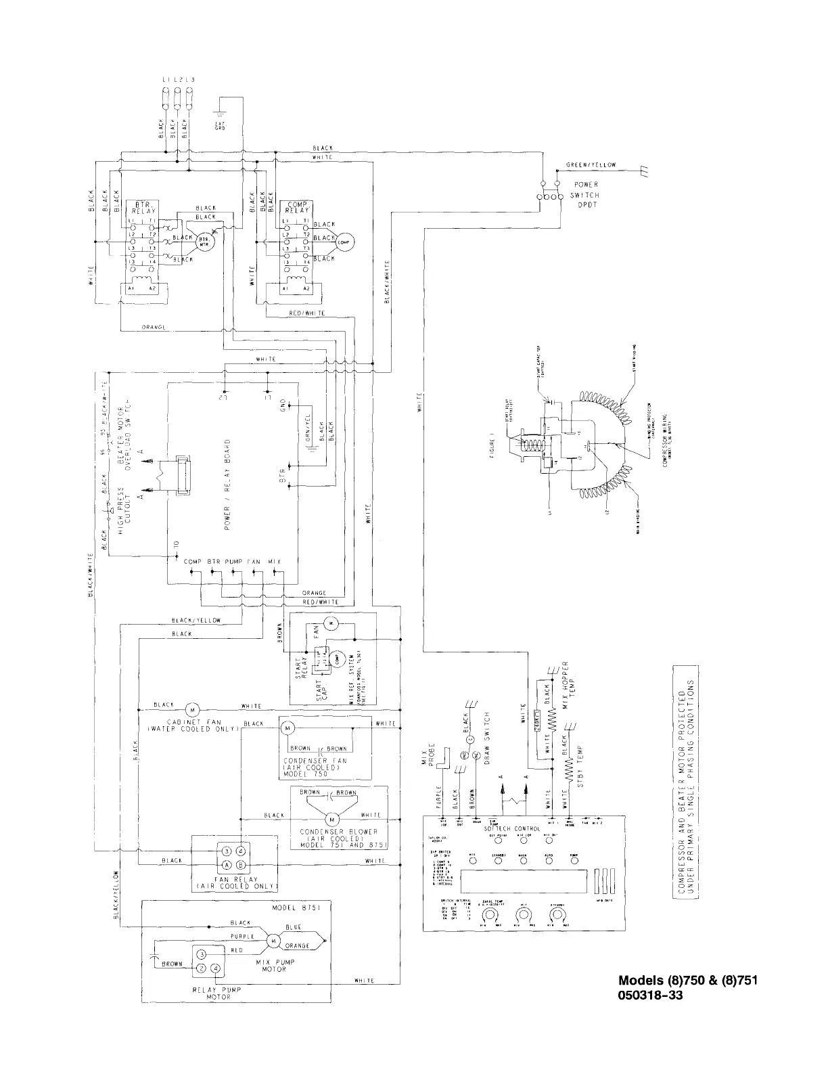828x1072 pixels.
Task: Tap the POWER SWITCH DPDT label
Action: (x=586, y=195)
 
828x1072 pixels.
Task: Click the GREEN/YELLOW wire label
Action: (x=591, y=165)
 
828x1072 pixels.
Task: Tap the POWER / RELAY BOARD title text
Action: (x=227, y=483)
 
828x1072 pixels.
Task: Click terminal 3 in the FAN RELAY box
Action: (x=227, y=851)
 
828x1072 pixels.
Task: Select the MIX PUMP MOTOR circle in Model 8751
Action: (x=273, y=940)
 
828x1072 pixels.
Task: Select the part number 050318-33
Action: (x=646, y=996)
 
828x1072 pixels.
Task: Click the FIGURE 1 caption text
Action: (x=495, y=449)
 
